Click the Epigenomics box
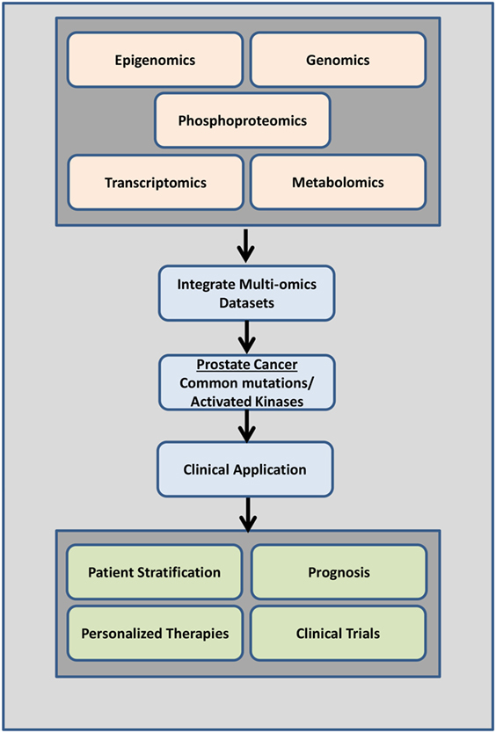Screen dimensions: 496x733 pyautogui.click(x=155, y=60)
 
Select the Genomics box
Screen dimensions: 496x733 pyautogui.click(x=338, y=60)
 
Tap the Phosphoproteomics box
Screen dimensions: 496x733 pyautogui.click(x=243, y=120)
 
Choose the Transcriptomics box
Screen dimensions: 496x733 pyautogui.click(x=156, y=182)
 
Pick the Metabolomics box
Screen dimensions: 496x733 pyautogui.click(x=338, y=182)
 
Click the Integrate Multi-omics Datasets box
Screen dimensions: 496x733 pyautogui.click(x=246, y=293)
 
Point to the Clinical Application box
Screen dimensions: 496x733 pyautogui.click(x=245, y=469)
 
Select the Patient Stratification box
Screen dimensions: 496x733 pyautogui.click(x=155, y=572)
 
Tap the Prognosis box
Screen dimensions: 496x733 pyautogui.click(x=339, y=572)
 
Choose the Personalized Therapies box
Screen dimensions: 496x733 pyautogui.click(x=155, y=634)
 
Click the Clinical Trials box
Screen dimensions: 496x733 pyautogui.click(x=338, y=634)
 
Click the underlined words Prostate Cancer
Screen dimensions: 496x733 pyautogui.click(x=246, y=365)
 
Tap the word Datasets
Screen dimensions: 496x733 pyautogui.click(x=246, y=303)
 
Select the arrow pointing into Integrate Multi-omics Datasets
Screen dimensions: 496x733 pyautogui.click(x=246, y=245)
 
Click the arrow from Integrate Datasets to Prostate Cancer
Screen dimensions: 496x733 pyautogui.click(x=246, y=337)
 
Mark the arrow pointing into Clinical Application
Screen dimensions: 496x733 pyautogui.click(x=246, y=425)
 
